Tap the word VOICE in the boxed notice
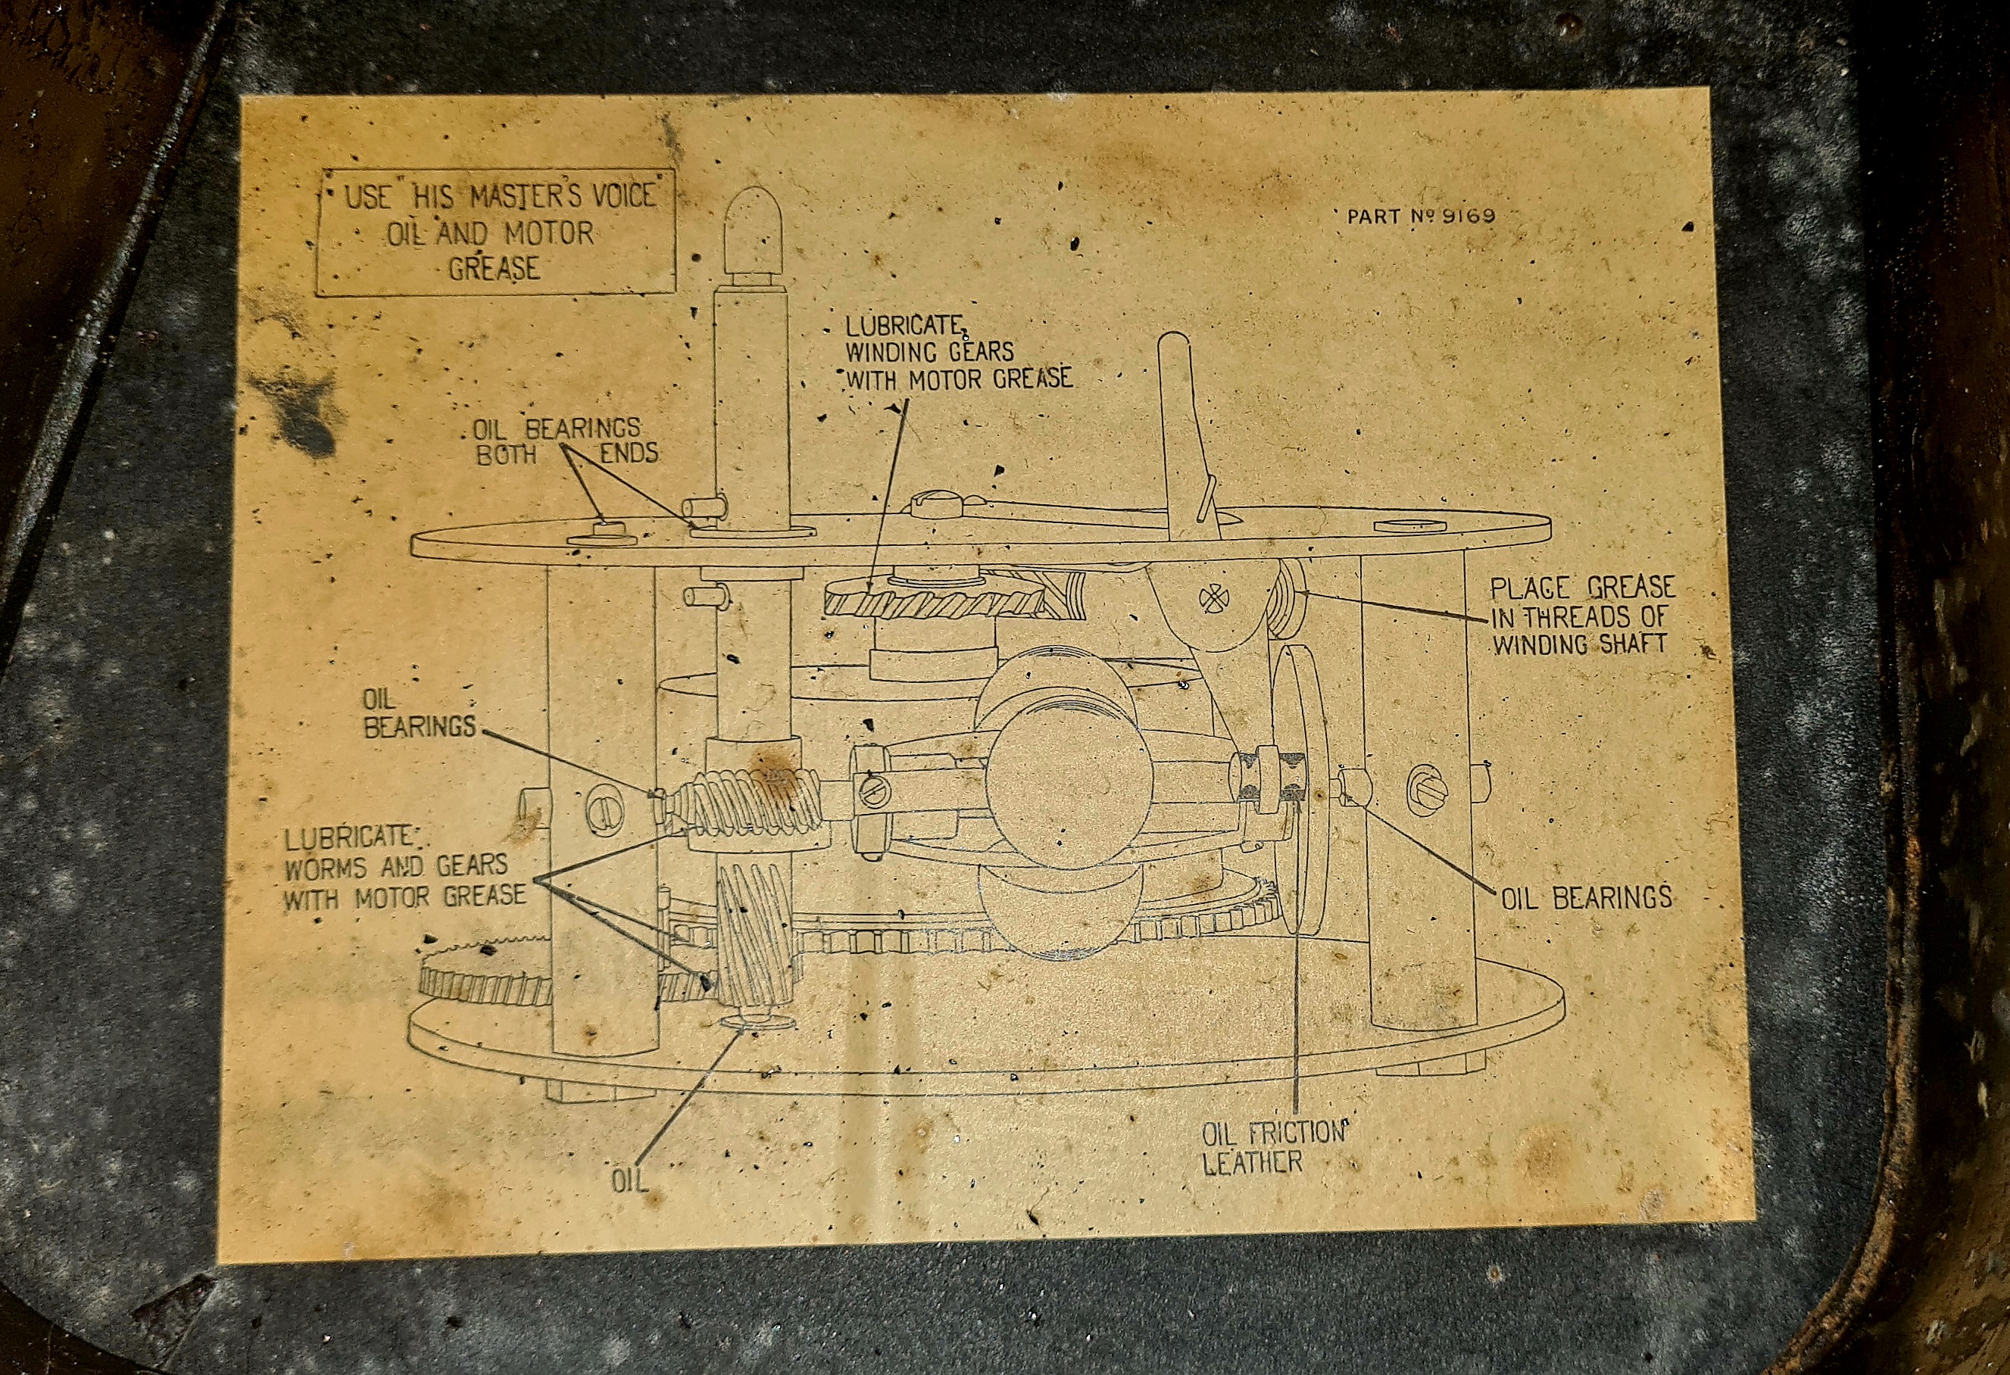click(x=622, y=195)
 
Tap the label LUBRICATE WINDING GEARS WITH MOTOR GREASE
click(x=957, y=353)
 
